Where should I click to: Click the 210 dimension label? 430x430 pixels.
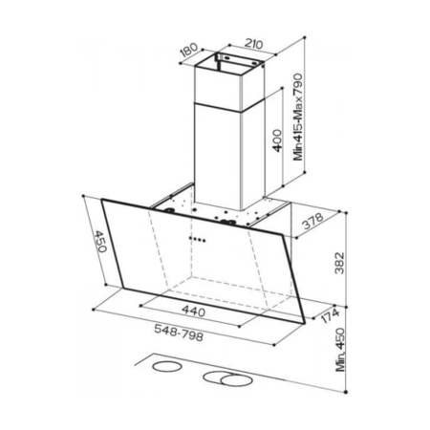tap(253, 44)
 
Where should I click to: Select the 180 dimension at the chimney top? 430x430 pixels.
tap(189, 51)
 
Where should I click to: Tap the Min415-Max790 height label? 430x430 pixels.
tap(298, 117)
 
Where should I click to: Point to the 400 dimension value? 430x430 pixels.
tap(277, 140)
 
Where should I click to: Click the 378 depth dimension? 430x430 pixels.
tap(312, 221)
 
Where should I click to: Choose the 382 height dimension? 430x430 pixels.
tap(340, 263)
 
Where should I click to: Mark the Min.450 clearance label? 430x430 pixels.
tap(340, 350)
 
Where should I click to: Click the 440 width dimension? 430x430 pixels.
tap(193, 311)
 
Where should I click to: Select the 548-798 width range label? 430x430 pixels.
tap(179, 333)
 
